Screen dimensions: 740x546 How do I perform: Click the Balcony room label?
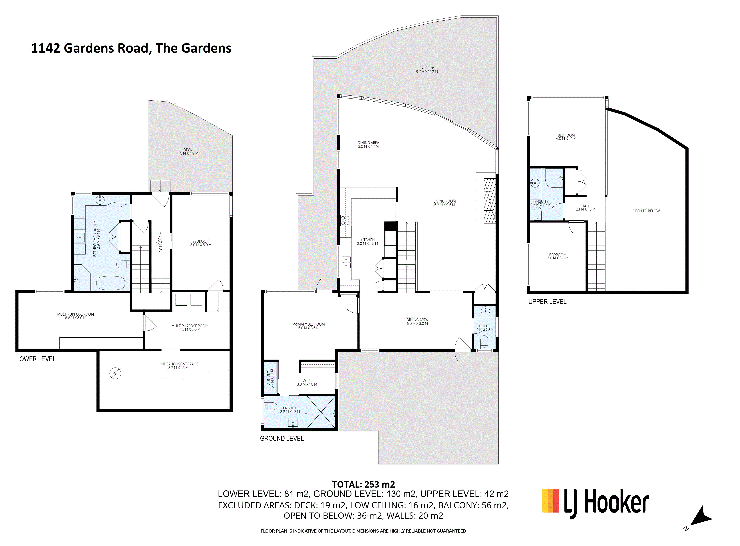[x=427, y=70]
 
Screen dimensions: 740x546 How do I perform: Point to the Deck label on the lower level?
[x=188, y=151]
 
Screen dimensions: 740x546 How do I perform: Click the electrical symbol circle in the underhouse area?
[x=115, y=373]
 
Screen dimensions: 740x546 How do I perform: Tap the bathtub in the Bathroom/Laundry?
[x=110, y=283]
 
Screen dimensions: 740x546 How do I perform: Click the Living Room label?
[x=444, y=203]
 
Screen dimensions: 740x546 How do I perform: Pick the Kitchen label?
[x=367, y=242]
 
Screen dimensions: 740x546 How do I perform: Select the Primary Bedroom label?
[x=309, y=326]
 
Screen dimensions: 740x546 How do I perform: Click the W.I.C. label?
[x=307, y=382]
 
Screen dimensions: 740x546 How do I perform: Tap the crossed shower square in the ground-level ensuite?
[x=321, y=412]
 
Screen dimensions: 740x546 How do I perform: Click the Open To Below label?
[x=646, y=211]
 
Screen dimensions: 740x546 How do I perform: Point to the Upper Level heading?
[x=547, y=301]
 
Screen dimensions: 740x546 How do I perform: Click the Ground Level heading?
[x=281, y=438]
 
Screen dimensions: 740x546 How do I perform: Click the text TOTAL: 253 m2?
[x=363, y=484]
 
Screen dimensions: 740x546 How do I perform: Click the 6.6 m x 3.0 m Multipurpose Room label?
[x=76, y=316]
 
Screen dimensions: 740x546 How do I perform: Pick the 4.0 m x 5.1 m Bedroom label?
[x=566, y=137]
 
